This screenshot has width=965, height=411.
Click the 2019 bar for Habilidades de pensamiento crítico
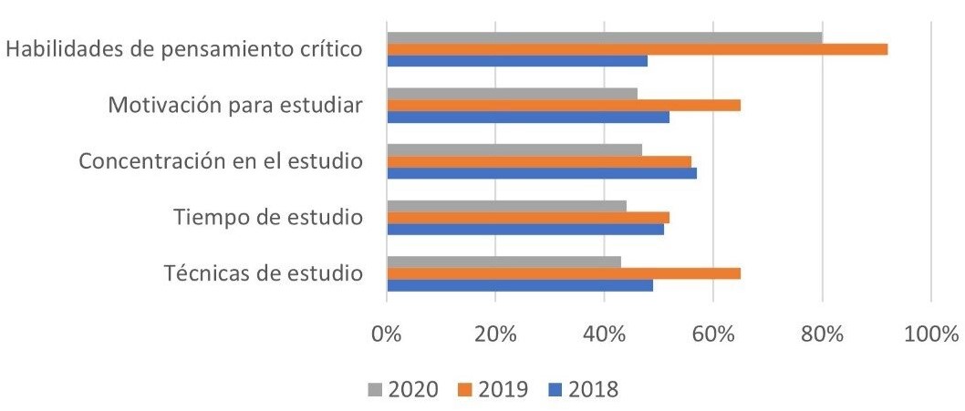click(x=637, y=49)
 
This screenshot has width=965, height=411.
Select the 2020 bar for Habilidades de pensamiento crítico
click(x=604, y=37)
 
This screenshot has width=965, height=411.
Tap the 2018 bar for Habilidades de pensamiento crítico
click(x=517, y=61)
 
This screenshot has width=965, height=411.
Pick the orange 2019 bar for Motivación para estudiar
click(x=564, y=105)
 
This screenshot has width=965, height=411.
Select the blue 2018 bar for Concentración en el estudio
click(x=542, y=173)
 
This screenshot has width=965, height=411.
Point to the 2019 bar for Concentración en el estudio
click(x=539, y=161)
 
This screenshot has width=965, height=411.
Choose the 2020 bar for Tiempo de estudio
click(x=506, y=206)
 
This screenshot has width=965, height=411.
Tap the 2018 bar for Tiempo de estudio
click(x=525, y=230)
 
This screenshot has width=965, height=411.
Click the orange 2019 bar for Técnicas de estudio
click(x=564, y=273)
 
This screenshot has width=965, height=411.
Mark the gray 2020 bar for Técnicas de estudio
click(x=504, y=262)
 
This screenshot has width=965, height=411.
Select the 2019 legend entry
click(x=493, y=389)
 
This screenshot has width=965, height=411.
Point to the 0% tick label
click(x=388, y=334)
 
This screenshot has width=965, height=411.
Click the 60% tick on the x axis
click(x=713, y=334)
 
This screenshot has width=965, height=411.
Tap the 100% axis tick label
click(x=930, y=334)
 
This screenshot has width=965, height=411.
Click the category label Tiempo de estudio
click(x=268, y=219)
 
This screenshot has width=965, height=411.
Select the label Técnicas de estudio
click(x=264, y=274)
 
